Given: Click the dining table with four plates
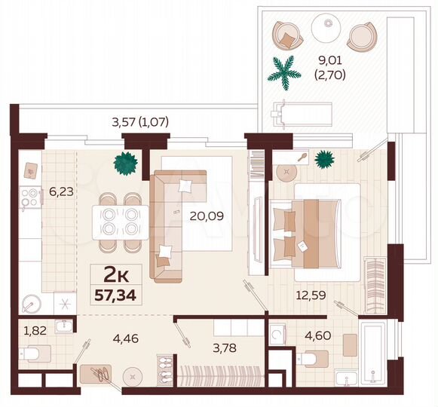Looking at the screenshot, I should pos(118,221).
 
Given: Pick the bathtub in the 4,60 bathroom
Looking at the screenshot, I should pos(373,353).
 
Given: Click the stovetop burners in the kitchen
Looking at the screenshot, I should pos(32,198).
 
